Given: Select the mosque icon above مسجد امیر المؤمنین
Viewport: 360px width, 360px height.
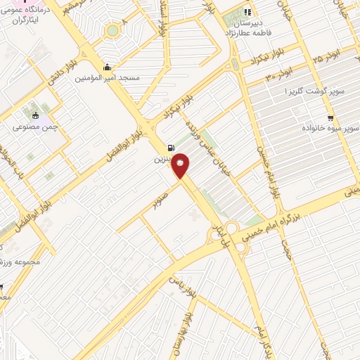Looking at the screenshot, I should click(107, 67).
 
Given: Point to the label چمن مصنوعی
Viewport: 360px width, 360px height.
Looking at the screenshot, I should click(34, 128).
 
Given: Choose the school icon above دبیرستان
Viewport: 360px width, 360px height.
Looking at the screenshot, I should click(247, 12).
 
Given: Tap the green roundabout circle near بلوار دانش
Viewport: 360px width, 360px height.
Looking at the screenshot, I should click(112, 31).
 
